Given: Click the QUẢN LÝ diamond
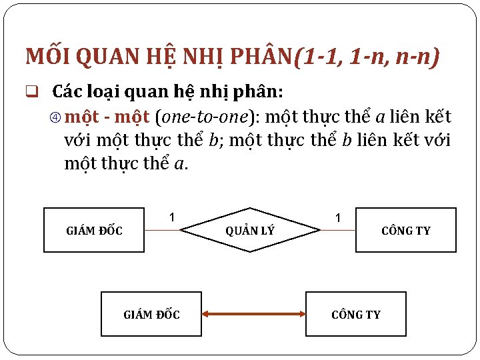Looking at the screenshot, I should pos(250,231).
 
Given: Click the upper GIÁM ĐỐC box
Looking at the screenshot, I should pos(94,231).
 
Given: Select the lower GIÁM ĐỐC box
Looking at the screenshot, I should pos(151,314).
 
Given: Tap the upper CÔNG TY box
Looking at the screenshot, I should pos(405,231).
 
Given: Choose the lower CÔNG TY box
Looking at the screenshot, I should pos(355,314).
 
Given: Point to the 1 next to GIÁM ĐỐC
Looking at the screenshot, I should pos(171,217).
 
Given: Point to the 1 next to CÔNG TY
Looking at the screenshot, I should pos(338,218).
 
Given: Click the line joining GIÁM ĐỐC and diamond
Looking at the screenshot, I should pos(162,231).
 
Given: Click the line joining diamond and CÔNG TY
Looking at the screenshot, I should pos(337,231).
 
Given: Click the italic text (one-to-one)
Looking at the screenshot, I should pos(207,118).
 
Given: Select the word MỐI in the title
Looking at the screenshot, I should pos(47,57).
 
